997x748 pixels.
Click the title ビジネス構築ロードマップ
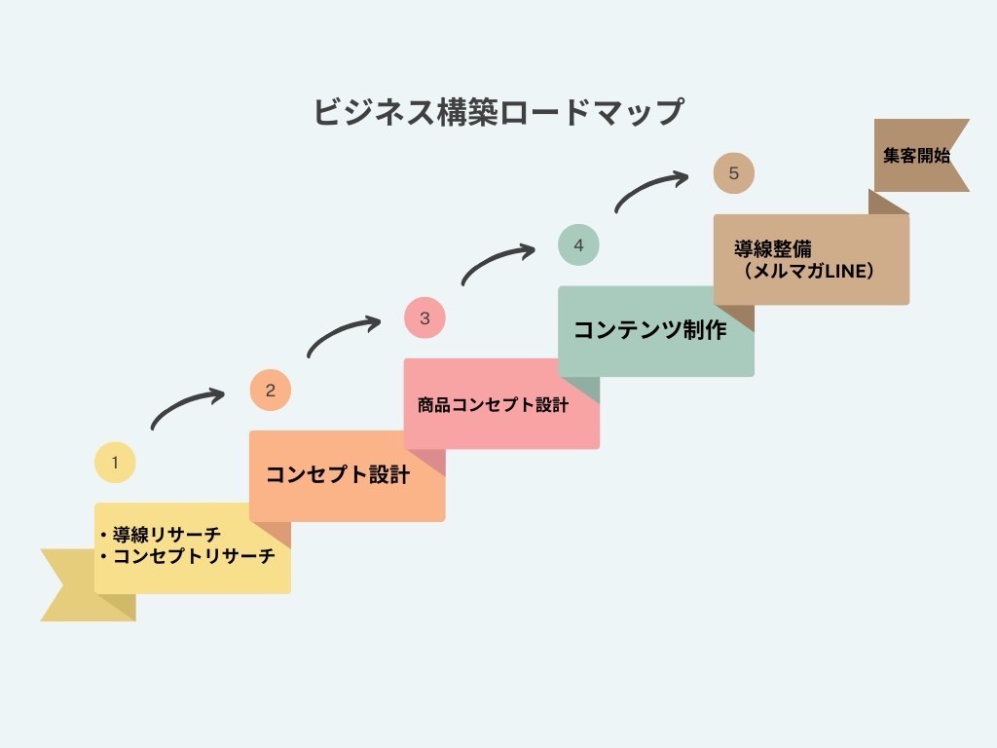498,111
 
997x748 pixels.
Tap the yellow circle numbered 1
115,463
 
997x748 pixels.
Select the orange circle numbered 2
270,391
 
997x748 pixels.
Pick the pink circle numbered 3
425,318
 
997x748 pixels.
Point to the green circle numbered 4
578,244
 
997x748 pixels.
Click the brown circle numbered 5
733,173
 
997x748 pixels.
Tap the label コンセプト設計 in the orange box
338,475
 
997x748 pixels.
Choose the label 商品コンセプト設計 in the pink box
493,404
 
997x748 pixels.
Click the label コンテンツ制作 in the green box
649,330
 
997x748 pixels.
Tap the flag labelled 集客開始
918,155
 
